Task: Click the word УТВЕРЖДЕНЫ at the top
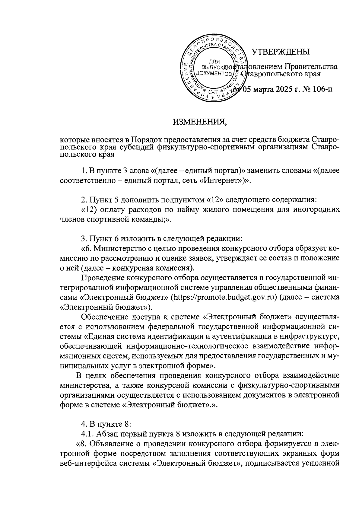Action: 281,52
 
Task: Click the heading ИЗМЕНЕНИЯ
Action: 199,122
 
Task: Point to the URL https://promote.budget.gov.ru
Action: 224,297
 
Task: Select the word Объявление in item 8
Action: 111,444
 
